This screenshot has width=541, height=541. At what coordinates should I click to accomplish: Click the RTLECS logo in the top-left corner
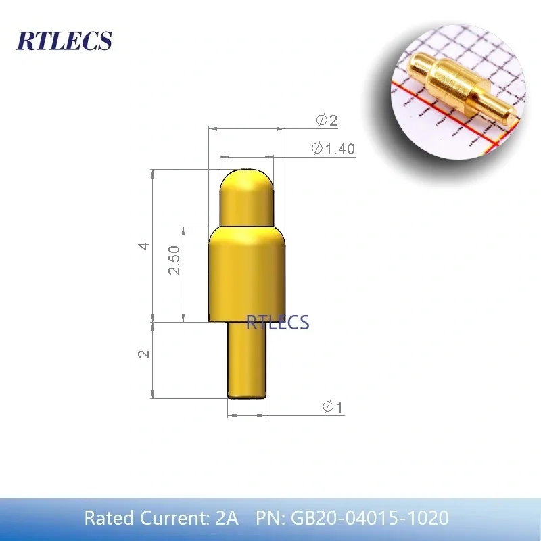click(x=64, y=41)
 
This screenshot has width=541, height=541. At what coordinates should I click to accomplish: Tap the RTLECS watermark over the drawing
click(x=277, y=323)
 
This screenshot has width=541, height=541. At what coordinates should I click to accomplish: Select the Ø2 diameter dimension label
click(x=327, y=120)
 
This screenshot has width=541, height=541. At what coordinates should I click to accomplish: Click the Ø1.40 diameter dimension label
click(x=333, y=149)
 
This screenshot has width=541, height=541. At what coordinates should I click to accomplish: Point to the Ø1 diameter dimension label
click(x=333, y=406)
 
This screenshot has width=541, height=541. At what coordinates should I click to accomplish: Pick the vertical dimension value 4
click(x=144, y=246)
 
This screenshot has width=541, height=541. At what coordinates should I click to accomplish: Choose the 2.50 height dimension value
click(x=174, y=260)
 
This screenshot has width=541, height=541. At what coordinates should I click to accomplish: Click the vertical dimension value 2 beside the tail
click(x=144, y=354)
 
